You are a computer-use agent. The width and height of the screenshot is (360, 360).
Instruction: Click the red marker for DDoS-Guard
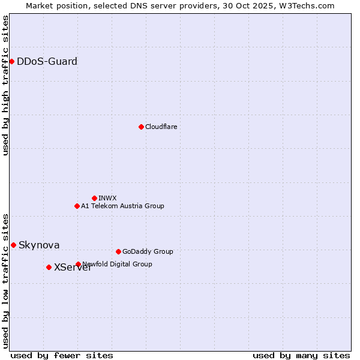pos(11,61)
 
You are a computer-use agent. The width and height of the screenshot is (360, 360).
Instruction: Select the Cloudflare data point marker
pos(141,127)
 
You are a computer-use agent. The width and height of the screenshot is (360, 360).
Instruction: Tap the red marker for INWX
pos(94,198)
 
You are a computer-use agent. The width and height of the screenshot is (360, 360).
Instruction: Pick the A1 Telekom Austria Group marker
pos(77,206)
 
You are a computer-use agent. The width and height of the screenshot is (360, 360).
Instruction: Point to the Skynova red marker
pos(13,245)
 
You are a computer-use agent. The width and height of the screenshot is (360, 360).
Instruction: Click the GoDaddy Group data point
pos(118,251)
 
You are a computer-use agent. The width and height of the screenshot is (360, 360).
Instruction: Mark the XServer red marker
pos(49,267)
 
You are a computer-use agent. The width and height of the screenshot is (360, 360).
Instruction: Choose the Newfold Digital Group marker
pos(78,264)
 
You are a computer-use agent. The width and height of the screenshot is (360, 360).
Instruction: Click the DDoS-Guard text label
pos(47,61)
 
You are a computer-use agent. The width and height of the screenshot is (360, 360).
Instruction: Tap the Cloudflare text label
pos(161,127)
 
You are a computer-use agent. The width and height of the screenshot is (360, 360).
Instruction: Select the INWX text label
pos(107,198)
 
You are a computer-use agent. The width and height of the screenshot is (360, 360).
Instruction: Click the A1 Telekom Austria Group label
pos(122,206)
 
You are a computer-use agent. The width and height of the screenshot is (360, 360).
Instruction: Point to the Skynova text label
pos(39,245)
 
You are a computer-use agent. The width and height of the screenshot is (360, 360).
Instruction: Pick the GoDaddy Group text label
pos(147,251)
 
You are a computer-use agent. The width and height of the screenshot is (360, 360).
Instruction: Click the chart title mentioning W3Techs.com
pos(180,5)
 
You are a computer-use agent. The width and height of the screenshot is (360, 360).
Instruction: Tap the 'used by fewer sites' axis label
pos(62,355)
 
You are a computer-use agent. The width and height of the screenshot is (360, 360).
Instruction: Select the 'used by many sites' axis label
pos(301,355)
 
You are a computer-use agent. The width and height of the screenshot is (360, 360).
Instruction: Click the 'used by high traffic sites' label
pos(5,85)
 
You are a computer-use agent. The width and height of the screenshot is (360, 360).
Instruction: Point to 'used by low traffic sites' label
pos(5,280)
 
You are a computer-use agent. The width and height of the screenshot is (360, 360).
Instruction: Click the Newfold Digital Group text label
pos(118,264)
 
